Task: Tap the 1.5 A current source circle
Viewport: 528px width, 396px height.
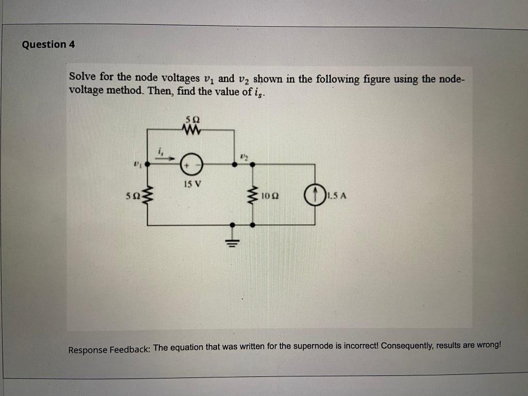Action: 314,195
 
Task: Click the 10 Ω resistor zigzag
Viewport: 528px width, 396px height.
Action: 253,195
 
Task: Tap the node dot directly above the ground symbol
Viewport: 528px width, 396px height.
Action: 233,225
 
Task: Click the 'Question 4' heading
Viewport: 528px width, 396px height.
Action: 48,44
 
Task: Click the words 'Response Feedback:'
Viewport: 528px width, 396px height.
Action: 109,350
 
